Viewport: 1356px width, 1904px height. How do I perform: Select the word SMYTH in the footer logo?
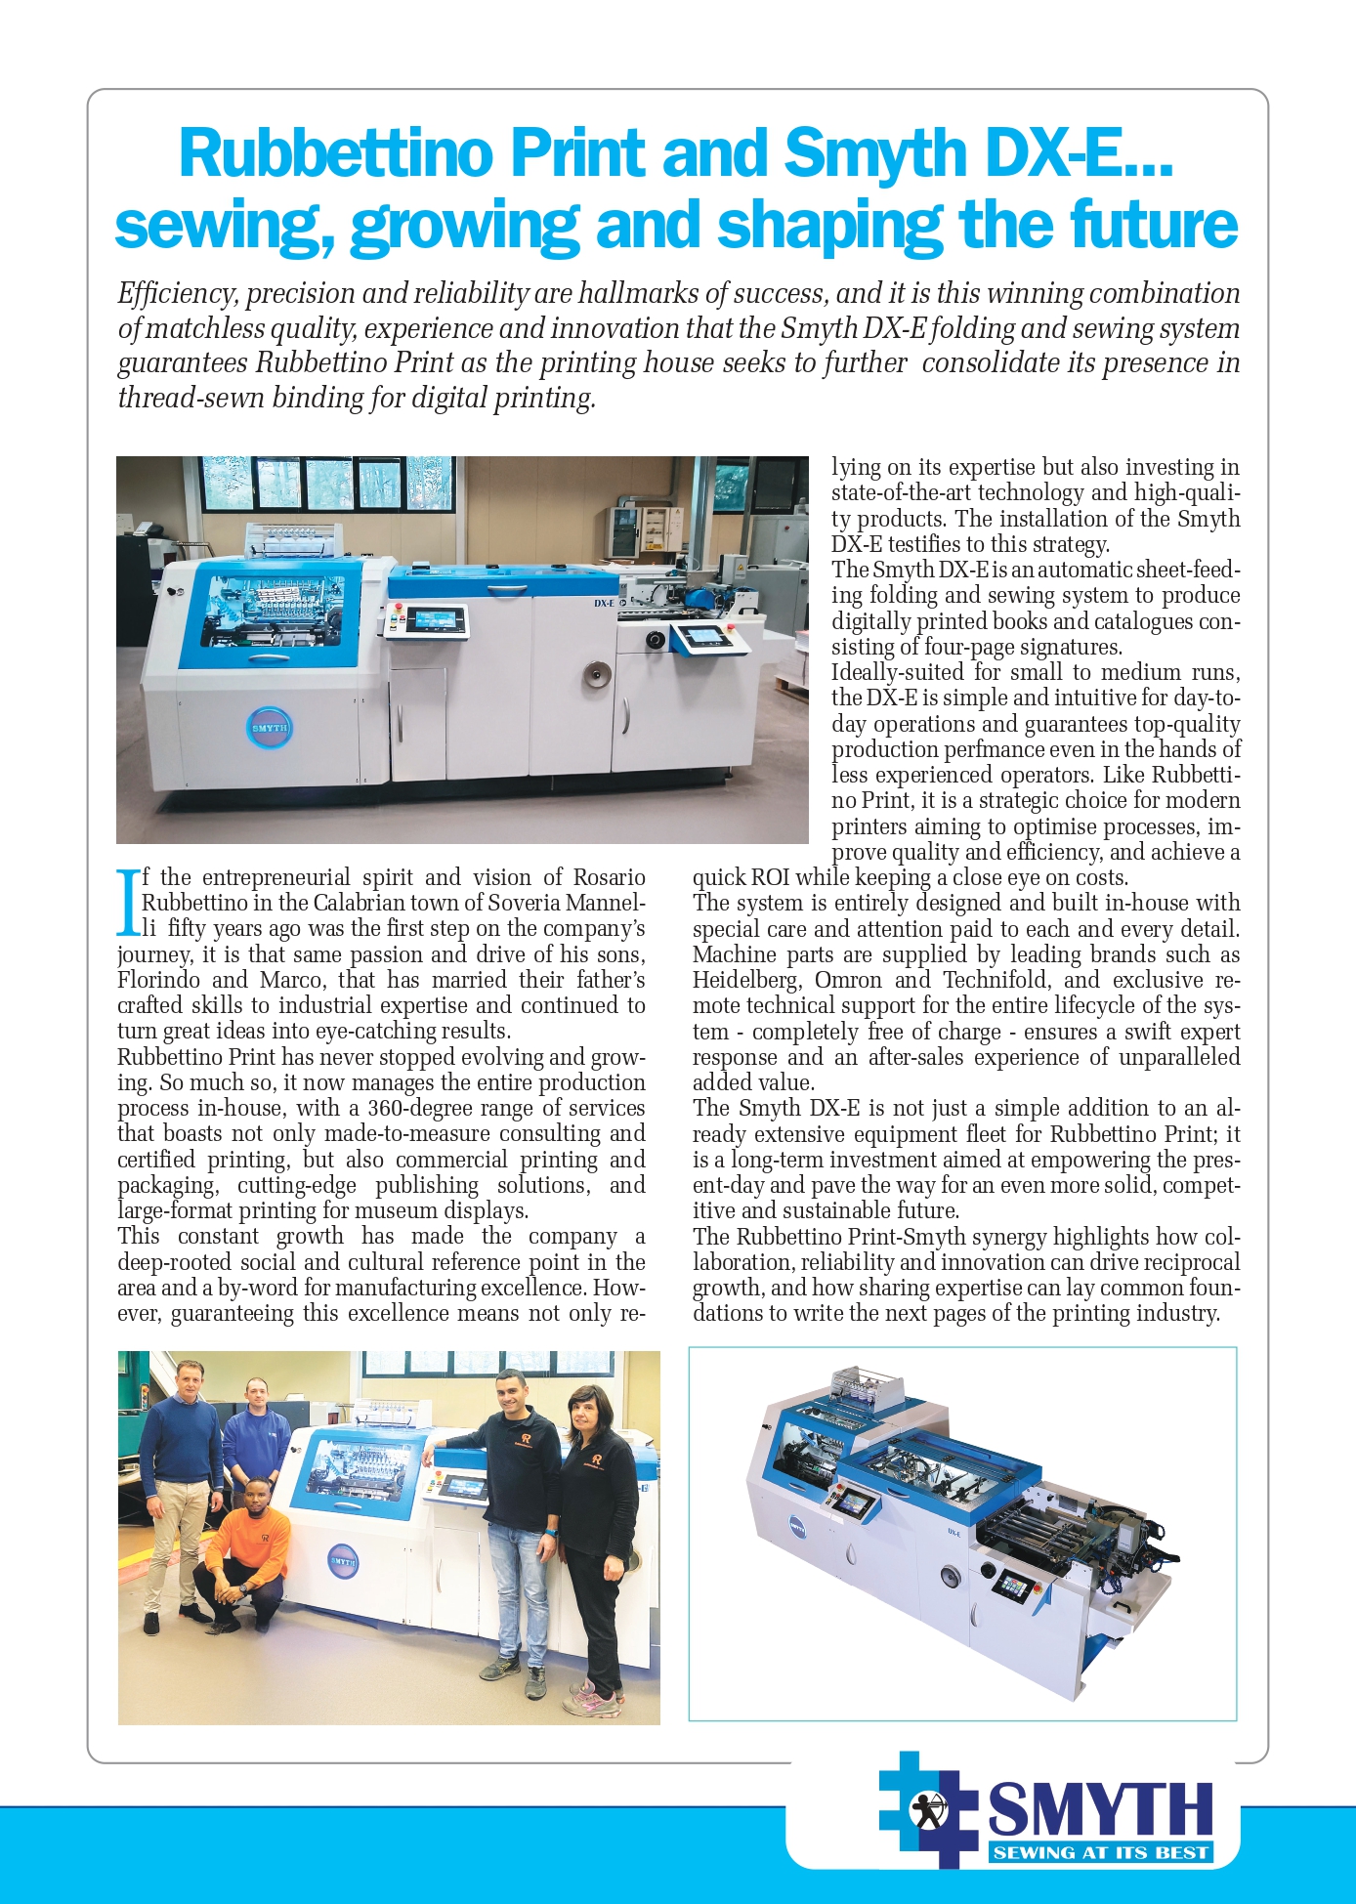[1100, 1809]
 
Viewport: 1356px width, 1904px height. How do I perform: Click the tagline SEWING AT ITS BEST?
[1100, 1852]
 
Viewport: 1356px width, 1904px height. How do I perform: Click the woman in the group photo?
[594, 1534]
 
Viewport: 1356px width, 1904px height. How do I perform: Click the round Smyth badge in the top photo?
[270, 728]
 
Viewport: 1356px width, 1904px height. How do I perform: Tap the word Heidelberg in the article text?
[746, 980]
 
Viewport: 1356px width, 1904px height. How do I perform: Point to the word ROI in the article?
[770, 877]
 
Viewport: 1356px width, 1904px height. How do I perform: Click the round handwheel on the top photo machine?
[593, 676]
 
